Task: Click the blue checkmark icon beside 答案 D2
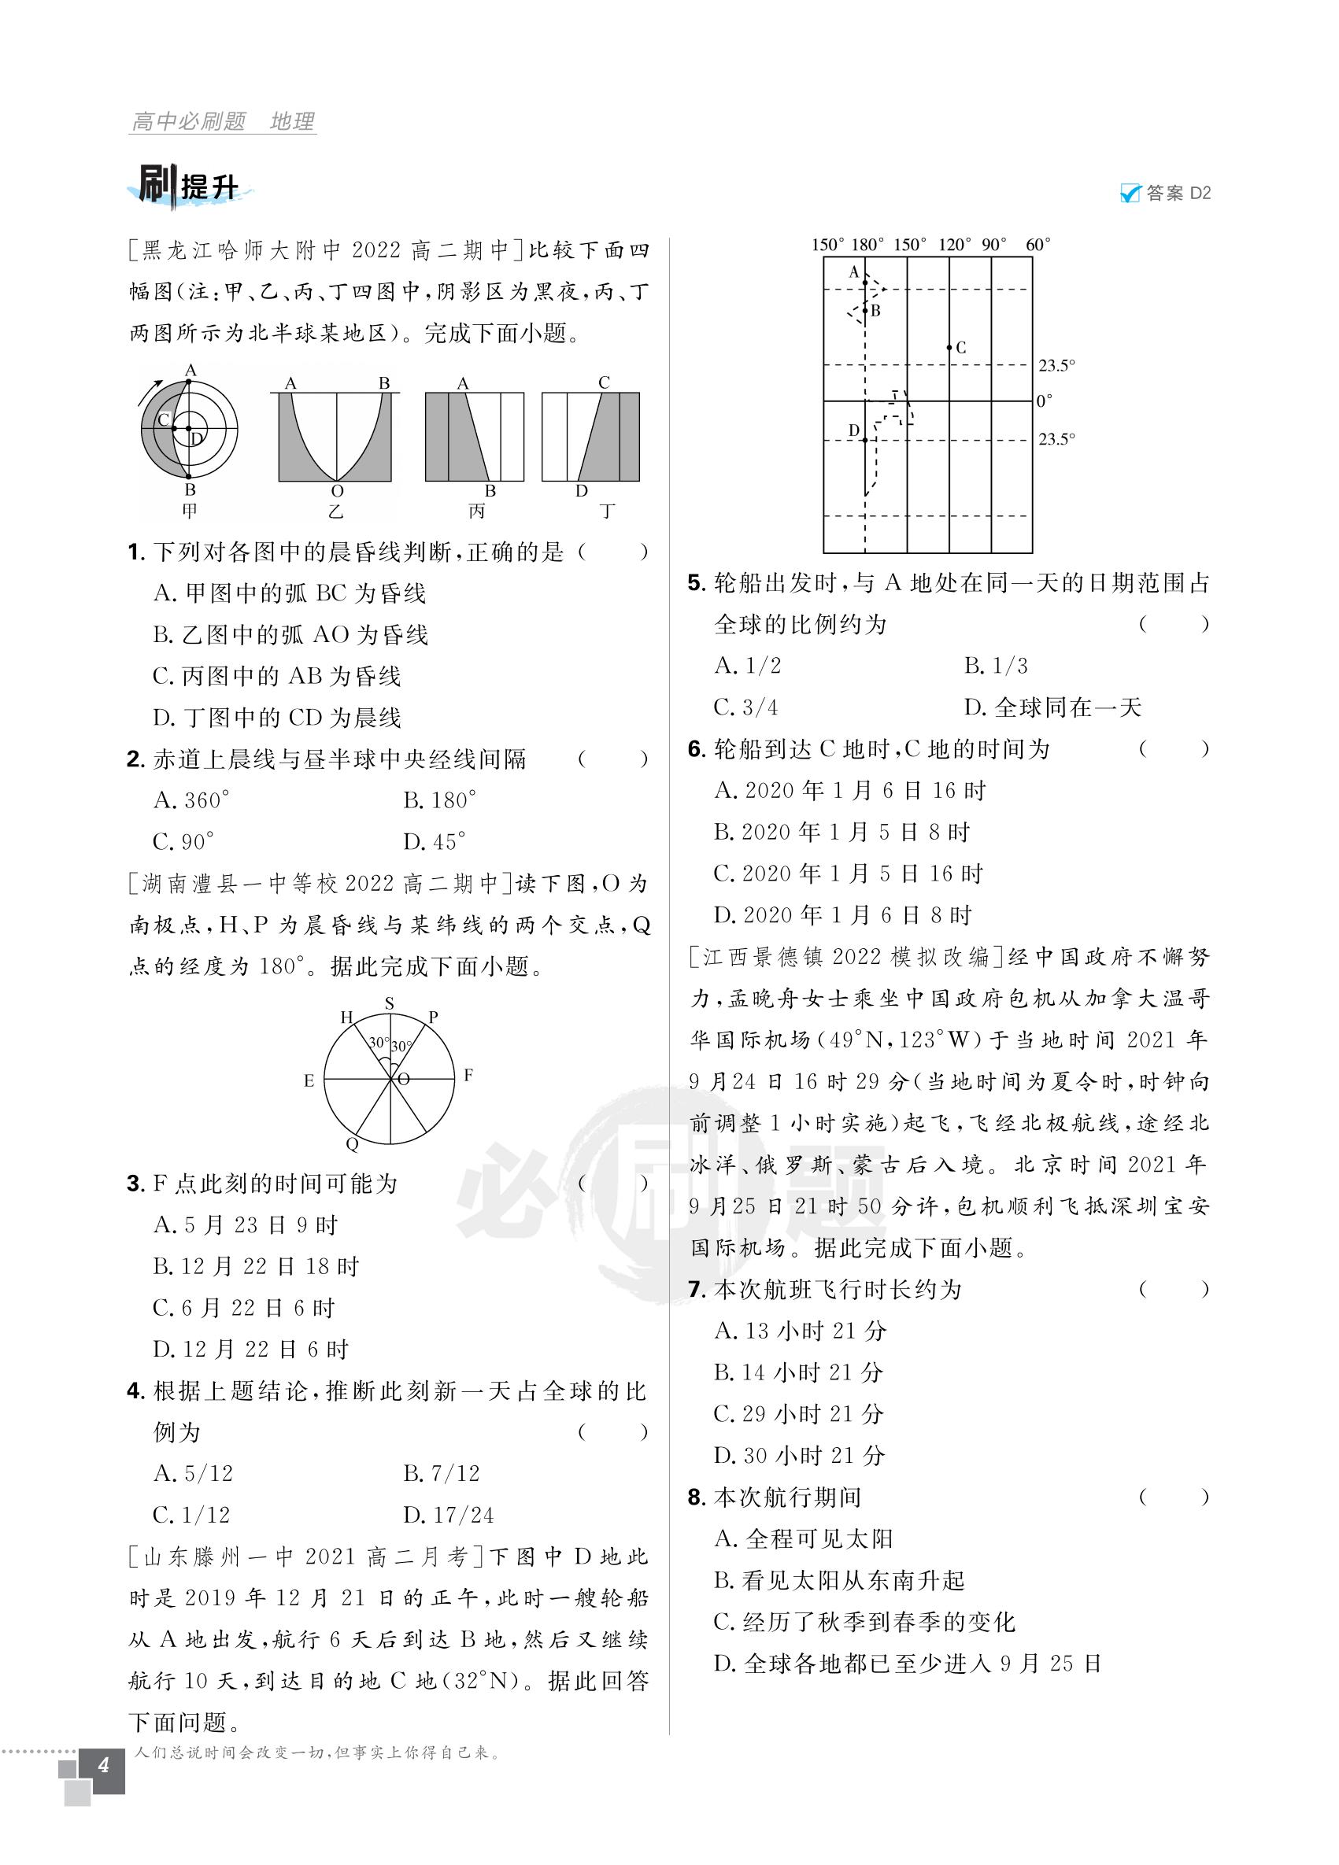pos(1130,194)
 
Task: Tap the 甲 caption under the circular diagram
pos(190,511)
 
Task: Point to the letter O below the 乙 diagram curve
pos(336,492)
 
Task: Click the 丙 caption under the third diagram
pos(476,511)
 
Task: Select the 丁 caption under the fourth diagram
pos(607,511)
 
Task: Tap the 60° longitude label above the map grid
pos(1038,245)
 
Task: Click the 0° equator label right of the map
pos(1044,401)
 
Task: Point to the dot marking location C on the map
pos(949,348)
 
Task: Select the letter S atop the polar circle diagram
pos(390,1003)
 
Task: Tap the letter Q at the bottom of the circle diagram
pos(352,1144)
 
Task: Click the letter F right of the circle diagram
pos(468,1075)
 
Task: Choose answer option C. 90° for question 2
pos(183,842)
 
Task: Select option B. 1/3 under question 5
pos(996,665)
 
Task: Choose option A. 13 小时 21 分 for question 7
pos(801,1331)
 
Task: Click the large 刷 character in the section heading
pos(155,185)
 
